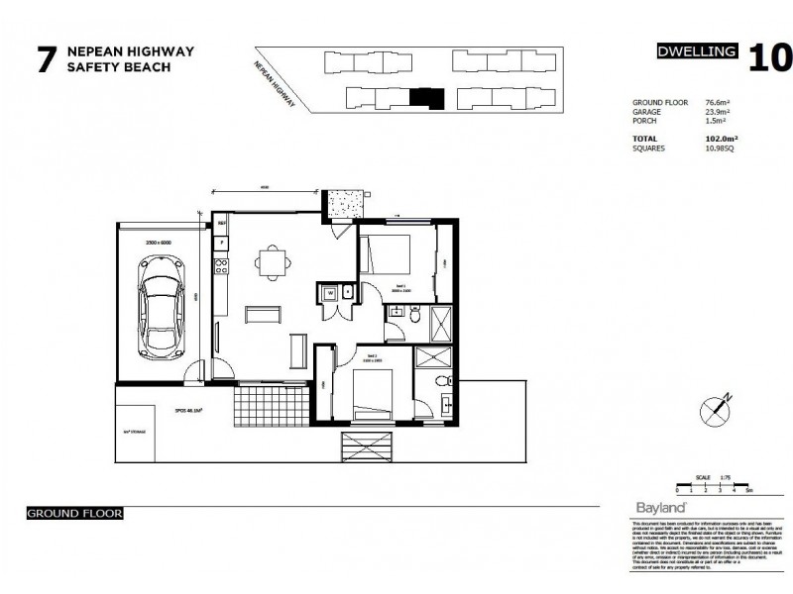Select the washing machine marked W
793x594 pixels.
click(326, 293)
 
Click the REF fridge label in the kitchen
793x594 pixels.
click(221, 242)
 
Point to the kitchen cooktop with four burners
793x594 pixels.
click(221, 265)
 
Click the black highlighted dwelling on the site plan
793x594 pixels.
click(424, 97)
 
